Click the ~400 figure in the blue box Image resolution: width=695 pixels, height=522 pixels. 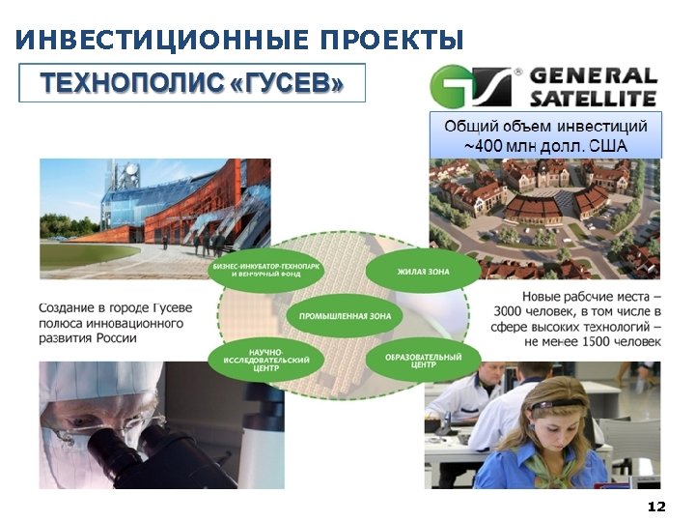coord(485,146)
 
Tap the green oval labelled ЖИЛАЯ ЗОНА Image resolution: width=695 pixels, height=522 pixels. coord(423,273)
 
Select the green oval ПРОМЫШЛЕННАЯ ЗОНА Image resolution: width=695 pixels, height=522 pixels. coord(345,316)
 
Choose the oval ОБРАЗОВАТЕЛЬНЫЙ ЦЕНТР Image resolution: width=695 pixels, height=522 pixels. coord(423,362)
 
